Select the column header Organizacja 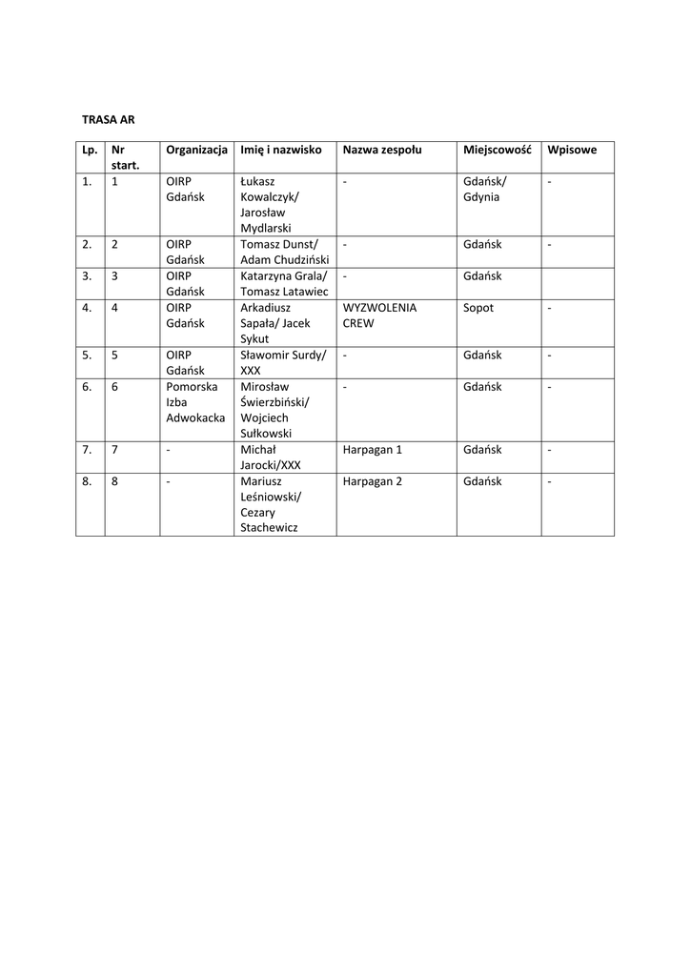(196, 150)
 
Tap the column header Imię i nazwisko (281, 150)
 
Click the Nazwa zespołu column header (382, 150)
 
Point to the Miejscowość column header (497, 150)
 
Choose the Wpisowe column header (572, 150)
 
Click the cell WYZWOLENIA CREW (379, 315)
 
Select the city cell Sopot (478, 308)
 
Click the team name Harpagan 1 (372, 450)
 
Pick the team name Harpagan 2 (372, 481)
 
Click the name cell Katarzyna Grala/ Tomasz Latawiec (284, 284)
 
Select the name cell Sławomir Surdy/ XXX (283, 363)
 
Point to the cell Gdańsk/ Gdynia (485, 189)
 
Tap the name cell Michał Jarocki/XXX (272, 457)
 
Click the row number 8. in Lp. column (87, 481)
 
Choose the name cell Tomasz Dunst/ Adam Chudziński (284, 253)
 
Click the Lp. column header (90, 150)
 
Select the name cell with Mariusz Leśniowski (275, 504)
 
